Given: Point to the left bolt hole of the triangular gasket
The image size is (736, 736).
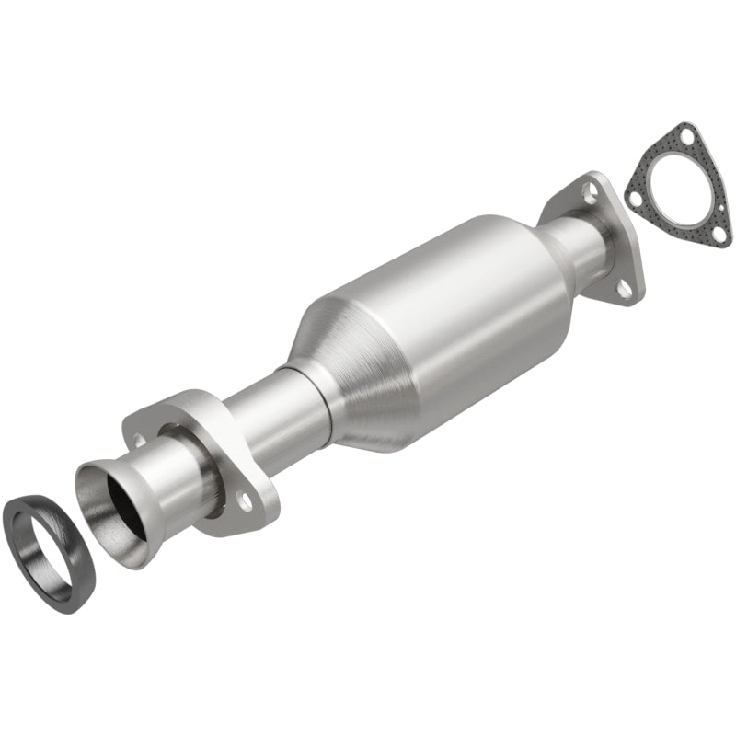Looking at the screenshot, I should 634,194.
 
